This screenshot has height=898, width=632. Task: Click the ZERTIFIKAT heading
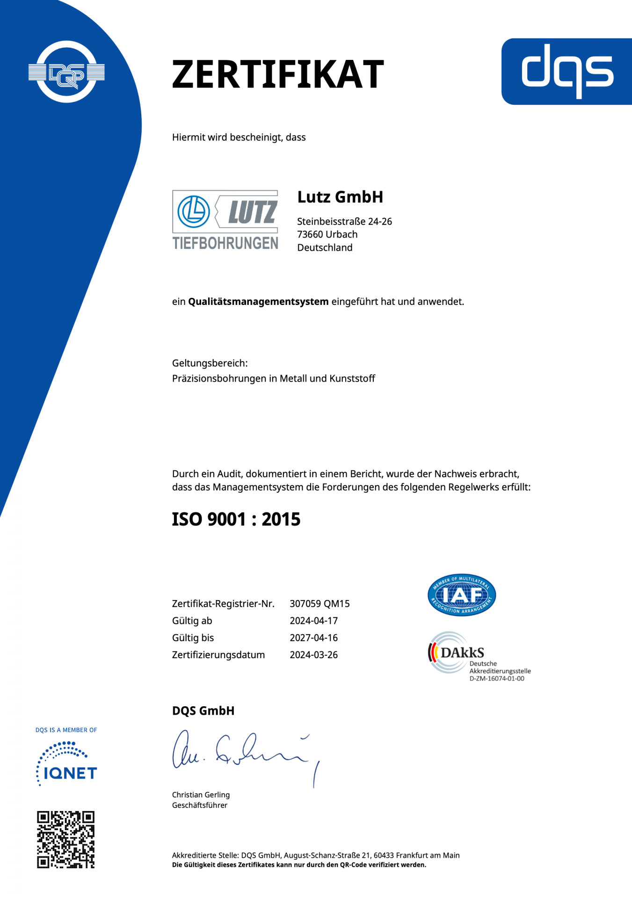click(x=278, y=74)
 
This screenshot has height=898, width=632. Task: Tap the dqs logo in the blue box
click(x=567, y=71)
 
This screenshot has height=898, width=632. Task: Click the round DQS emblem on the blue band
click(x=66, y=72)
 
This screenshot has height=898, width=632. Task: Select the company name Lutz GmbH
click(x=340, y=197)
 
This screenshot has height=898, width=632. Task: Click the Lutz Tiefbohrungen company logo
click(x=225, y=219)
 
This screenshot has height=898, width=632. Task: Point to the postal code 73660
click(x=310, y=234)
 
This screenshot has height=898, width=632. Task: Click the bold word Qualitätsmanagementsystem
click(x=258, y=302)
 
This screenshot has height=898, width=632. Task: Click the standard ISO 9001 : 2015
click(x=236, y=519)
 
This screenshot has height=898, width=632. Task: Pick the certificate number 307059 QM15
click(x=320, y=604)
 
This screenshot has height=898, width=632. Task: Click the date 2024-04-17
click(x=313, y=621)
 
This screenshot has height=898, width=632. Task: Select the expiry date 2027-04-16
click(x=313, y=638)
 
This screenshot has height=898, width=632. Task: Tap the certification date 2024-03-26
click(x=313, y=655)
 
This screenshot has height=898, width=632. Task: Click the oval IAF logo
click(x=462, y=595)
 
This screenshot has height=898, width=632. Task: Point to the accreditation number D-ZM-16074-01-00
click(x=497, y=679)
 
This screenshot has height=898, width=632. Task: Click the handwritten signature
click(x=243, y=753)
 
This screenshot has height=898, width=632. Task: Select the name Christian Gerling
click(x=201, y=795)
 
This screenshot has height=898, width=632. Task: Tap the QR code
click(x=66, y=840)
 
